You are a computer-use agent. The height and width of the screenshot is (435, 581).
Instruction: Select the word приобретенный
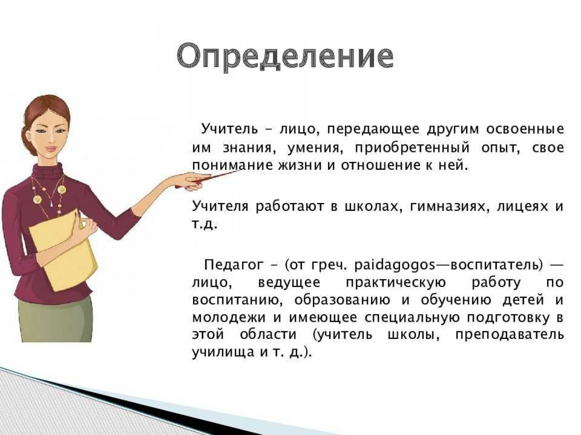tap(412, 148)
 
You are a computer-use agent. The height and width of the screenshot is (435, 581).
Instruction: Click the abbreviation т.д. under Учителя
tap(204, 225)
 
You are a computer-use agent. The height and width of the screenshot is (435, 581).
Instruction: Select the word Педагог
tap(233, 266)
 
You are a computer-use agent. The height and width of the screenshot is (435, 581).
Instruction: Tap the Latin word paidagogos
tap(394, 266)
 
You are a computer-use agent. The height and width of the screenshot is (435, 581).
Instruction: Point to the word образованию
tap(342, 301)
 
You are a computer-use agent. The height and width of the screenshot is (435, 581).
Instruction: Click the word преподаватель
tap(509, 335)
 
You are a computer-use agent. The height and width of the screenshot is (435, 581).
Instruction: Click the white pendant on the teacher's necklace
tap(51, 204)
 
